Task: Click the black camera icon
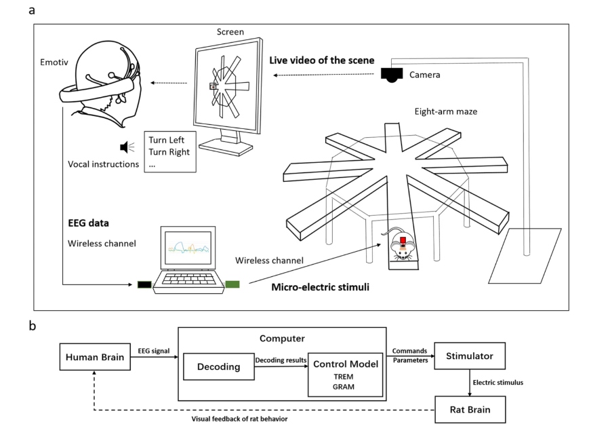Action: tap(391, 75)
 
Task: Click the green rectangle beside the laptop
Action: tap(232, 284)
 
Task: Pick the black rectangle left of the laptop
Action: tap(144, 284)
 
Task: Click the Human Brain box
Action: tap(95, 357)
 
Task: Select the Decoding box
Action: tap(219, 366)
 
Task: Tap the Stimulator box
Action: tap(470, 356)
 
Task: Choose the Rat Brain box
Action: tap(470, 410)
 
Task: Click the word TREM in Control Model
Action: tap(344, 377)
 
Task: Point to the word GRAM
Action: tap(344, 387)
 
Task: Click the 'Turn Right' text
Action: tap(169, 152)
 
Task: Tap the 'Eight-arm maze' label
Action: tap(446, 112)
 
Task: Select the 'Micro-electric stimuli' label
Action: tap(320, 287)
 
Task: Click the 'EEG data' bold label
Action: tap(88, 223)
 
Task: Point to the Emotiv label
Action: tap(54, 62)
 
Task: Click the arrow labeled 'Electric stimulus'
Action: tap(470, 383)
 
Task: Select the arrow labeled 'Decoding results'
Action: tap(281, 366)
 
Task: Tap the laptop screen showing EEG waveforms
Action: tap(188, 248)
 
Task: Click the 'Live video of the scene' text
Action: tap(322, 60)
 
